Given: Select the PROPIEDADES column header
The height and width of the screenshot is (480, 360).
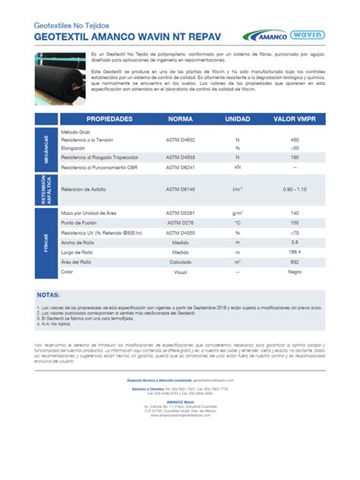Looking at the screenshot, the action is click(x=109, y=119).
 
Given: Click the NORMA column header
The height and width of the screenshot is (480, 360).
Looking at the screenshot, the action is click(x=180, y=119).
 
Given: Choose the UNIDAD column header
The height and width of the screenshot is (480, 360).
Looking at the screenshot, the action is click(x=237, y=119).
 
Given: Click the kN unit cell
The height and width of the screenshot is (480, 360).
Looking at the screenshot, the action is click(x=237, y=166).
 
